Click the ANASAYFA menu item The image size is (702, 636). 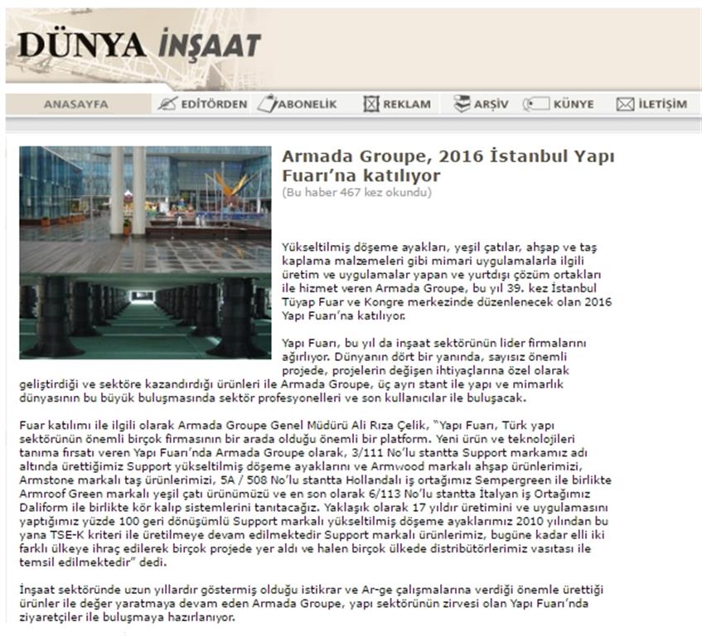[75, 104]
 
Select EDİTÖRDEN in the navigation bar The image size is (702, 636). [214, 104]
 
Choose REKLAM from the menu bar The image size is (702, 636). [406, 104]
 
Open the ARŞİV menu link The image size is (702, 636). [491, 104]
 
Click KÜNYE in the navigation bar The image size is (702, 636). [573, 104]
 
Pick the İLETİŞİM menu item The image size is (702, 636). [662, 104]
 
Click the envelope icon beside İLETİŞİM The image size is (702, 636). [625, 104]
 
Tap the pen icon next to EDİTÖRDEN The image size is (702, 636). [167, 104]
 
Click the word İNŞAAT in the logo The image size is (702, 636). [207, 46]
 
